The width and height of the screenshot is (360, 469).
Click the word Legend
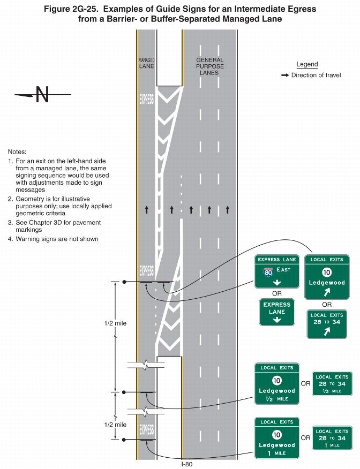pos(307,64)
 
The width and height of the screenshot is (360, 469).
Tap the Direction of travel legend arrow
pos(285,75)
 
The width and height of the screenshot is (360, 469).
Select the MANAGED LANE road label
pos(146,63)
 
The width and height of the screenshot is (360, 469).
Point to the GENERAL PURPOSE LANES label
pos(209,66)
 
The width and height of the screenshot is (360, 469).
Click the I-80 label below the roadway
pos(186,464)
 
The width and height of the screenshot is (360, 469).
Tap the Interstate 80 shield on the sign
pos(268,271)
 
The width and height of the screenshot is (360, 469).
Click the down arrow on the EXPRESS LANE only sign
pos(277,320)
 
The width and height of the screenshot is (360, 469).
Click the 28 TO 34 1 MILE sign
pos(332,438)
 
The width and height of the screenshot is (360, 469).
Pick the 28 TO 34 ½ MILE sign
pos(332,384)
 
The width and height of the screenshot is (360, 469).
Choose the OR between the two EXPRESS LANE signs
pos(276,293)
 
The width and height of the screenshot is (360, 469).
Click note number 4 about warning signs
pos(53,239)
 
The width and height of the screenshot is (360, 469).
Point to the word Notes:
pos(17,152)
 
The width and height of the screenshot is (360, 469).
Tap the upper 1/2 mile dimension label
pos(115,323)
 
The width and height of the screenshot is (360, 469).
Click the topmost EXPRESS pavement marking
pos(146,99)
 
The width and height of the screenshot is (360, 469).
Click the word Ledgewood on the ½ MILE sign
pos(277,391)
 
